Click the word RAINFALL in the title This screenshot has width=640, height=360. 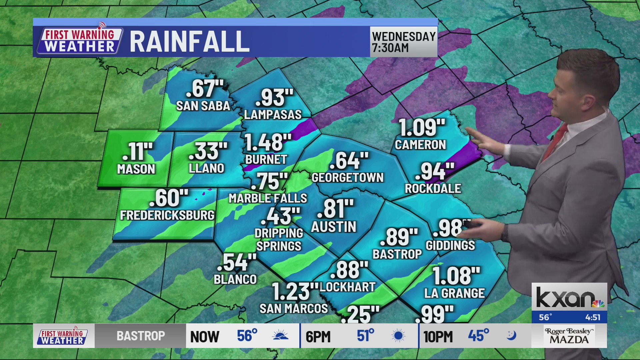click(x=189, y=42)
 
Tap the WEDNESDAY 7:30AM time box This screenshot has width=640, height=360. click(x=404, y=42)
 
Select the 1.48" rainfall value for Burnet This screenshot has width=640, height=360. click(x=268, y=142)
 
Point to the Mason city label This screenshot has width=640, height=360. click(x=136, y=169)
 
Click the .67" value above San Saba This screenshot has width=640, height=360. click(x=204, y=89)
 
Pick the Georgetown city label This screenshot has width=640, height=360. click(x=347, y=178)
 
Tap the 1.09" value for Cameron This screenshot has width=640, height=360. click(x=422, y=128)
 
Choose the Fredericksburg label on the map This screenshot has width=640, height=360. click(x=167, y=215)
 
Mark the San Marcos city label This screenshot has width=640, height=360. click(x=294, y=309)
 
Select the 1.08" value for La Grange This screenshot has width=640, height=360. click(x=456, y=276)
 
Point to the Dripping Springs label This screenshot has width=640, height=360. click(x=279, y=240)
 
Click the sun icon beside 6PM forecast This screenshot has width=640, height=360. click(x=398, y=336)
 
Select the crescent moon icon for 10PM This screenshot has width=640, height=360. click(x=511, y=335)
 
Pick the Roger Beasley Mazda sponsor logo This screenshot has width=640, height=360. click(x=569, y=336)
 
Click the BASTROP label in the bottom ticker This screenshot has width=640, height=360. click(x=141, y=336)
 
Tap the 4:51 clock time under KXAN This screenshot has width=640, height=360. click(x=593, y=317)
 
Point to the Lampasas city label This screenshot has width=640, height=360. click(x=273, y=115)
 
